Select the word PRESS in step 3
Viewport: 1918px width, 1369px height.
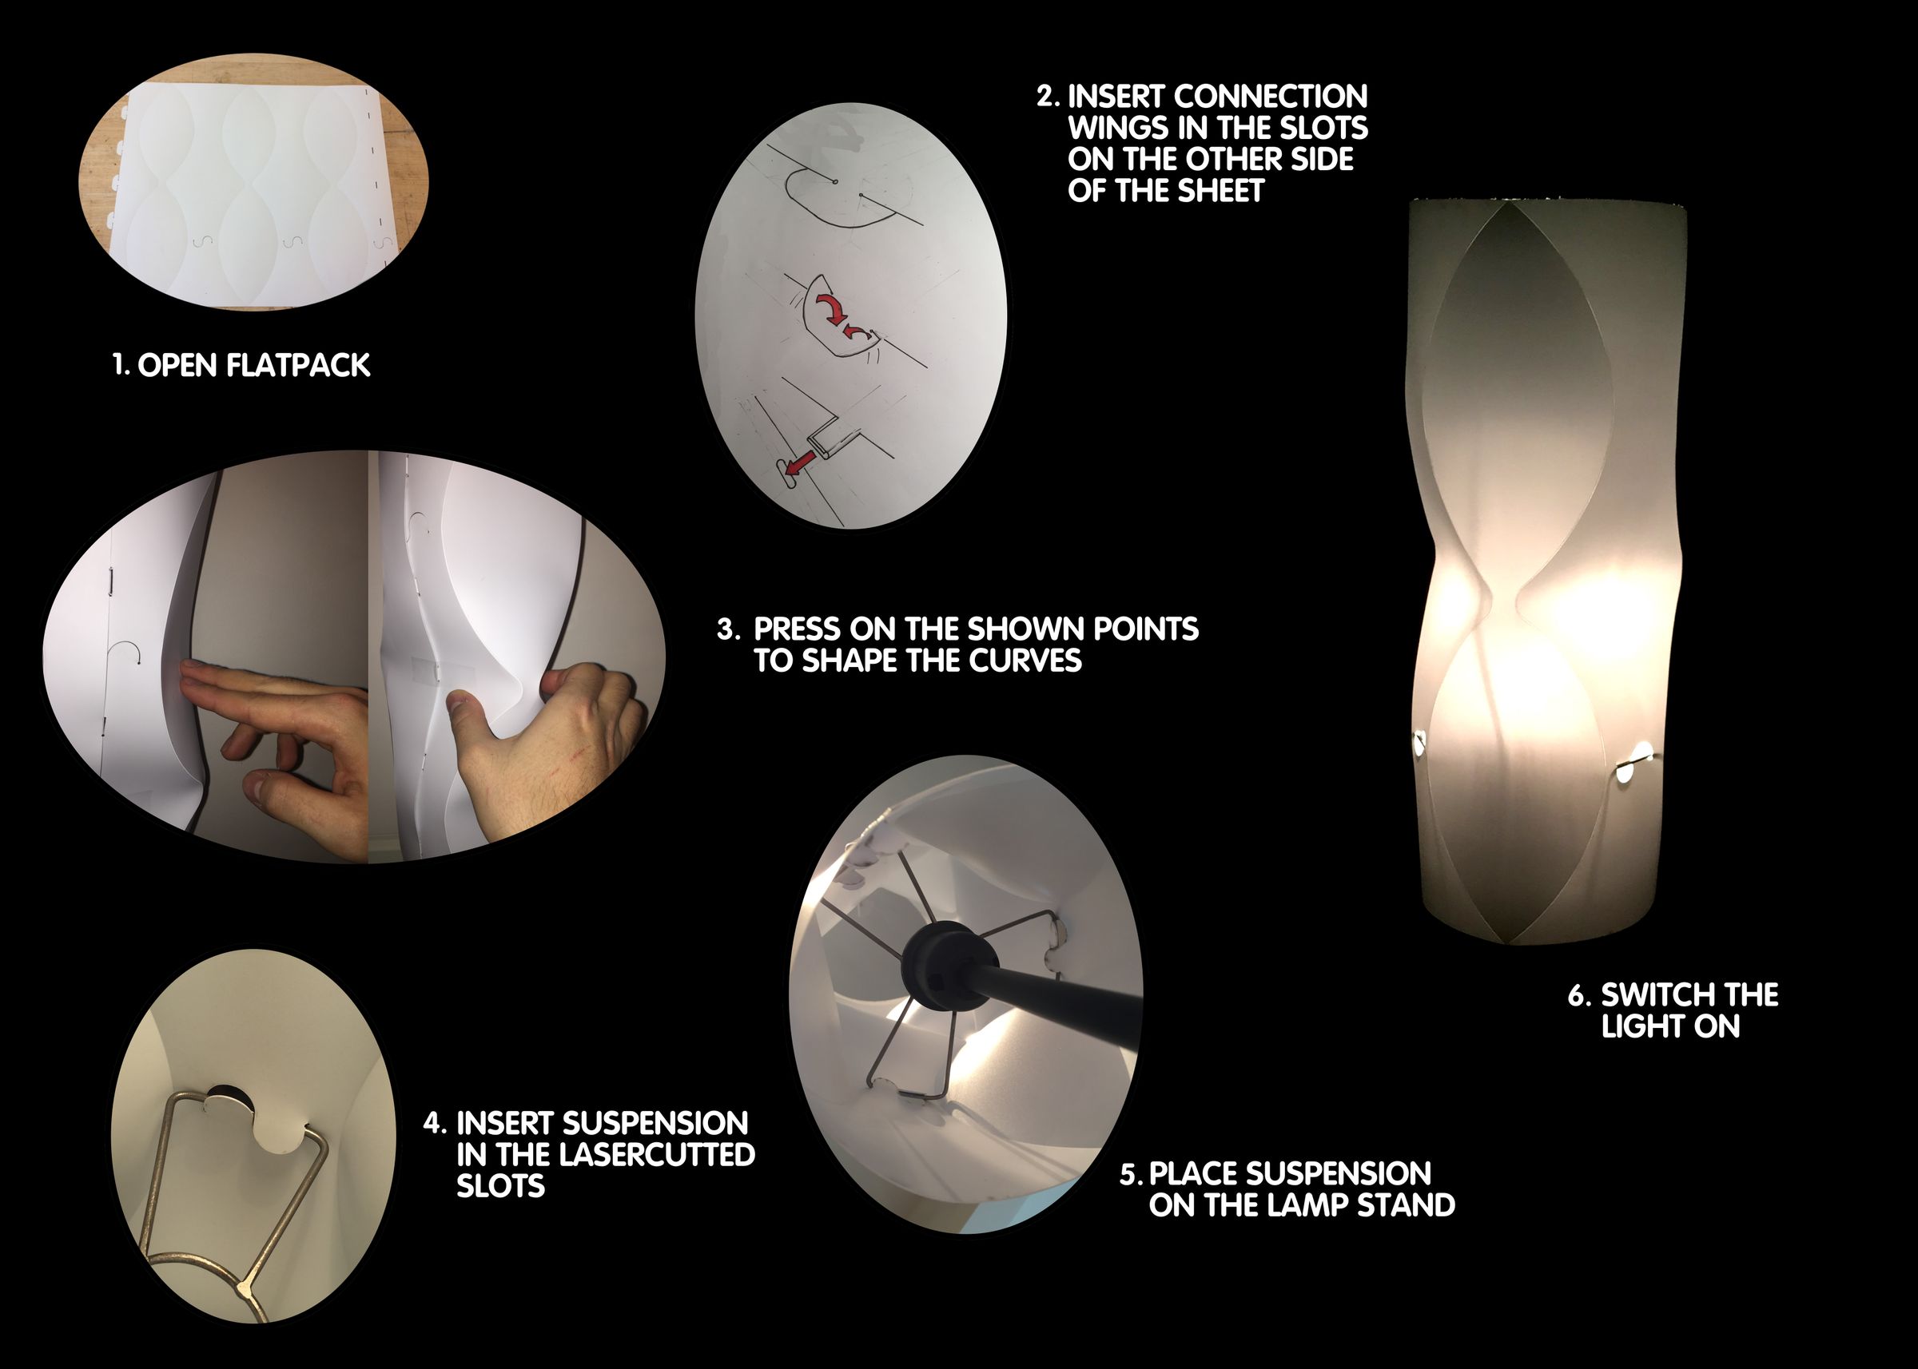tap(797, 629)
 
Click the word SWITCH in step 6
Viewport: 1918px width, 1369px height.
tap(1654, 994)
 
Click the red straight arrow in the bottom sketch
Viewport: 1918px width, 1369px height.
tap(796, 463)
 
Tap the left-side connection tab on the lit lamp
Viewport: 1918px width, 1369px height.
tap(1419, 742)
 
